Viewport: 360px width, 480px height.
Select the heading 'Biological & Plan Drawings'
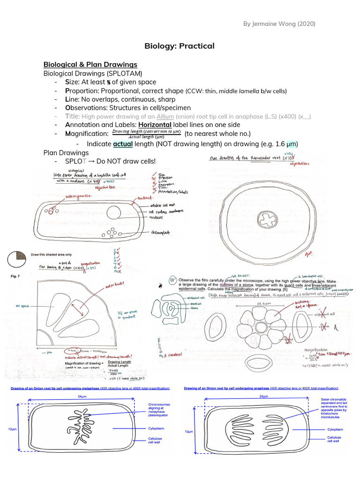pyautogui.click(x=90, y=64)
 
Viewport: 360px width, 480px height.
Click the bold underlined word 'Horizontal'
pyautogui.click(x=155, y=125)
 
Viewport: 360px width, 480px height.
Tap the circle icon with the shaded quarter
pyautogui.click(x=17, y=258)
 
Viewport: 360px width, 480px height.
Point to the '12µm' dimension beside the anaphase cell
pyautogui.click(x=187, y=431)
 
